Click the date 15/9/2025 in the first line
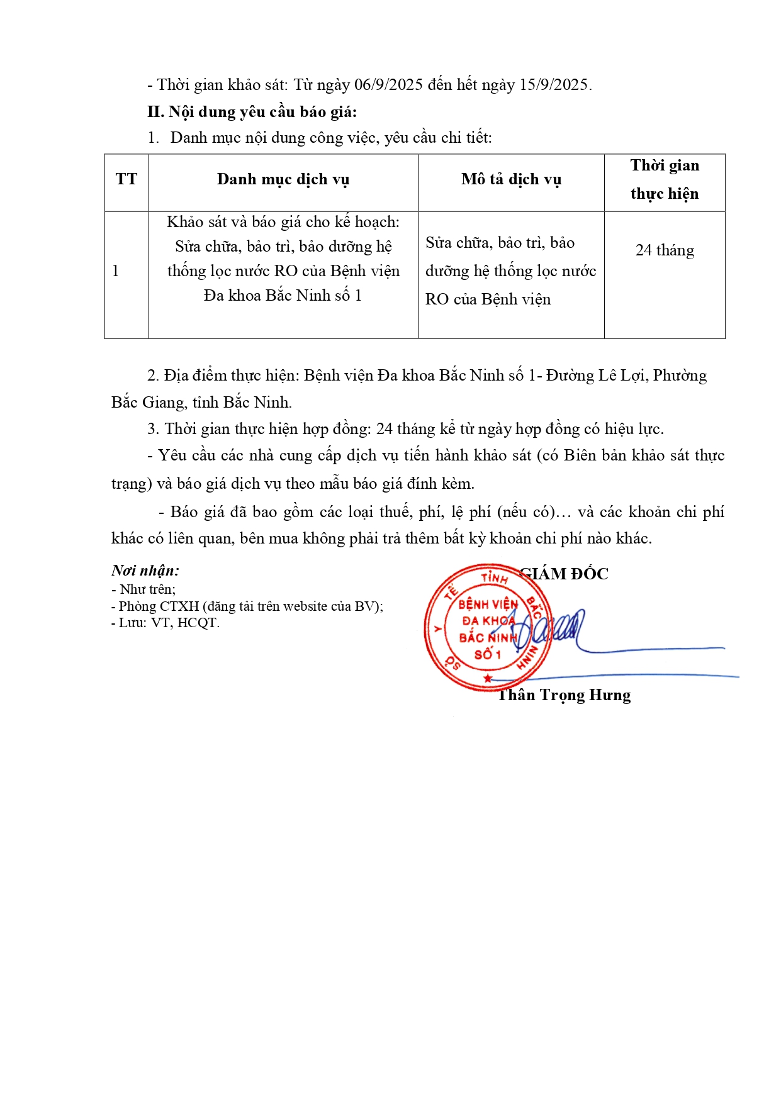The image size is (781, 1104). pyautogui.click(x=554, y=85)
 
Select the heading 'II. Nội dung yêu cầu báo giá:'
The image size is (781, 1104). pyautogui.click(x=252, y=112)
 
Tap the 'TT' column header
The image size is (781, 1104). pyautogui.click(x=126, y=180)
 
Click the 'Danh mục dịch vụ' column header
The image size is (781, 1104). pyautogui.click(x=283, y=180)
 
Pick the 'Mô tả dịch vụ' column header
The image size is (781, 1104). pyautogui.click(x=511, y=180)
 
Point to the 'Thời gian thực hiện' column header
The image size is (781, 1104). pyautogui.click(x=665, y=180)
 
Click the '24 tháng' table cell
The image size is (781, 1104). pyautogui.click(x=665, y=250)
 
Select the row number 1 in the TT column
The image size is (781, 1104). pyautogui.click(x=116, y=271)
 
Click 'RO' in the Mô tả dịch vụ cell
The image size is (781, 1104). pyautogui.click(x=437, y=299)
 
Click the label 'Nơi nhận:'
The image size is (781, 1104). pyautogui.click(x=145, y=571)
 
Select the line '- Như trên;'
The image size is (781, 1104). pyautogui.click(x=144, y=589)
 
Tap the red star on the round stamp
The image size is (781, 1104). pyautogui.click(x=488, y=679)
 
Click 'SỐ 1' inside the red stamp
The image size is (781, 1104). pyautogui.click(x=487, y=654)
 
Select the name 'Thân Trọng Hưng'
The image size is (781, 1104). pyautogui.click(x=565, y=695)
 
